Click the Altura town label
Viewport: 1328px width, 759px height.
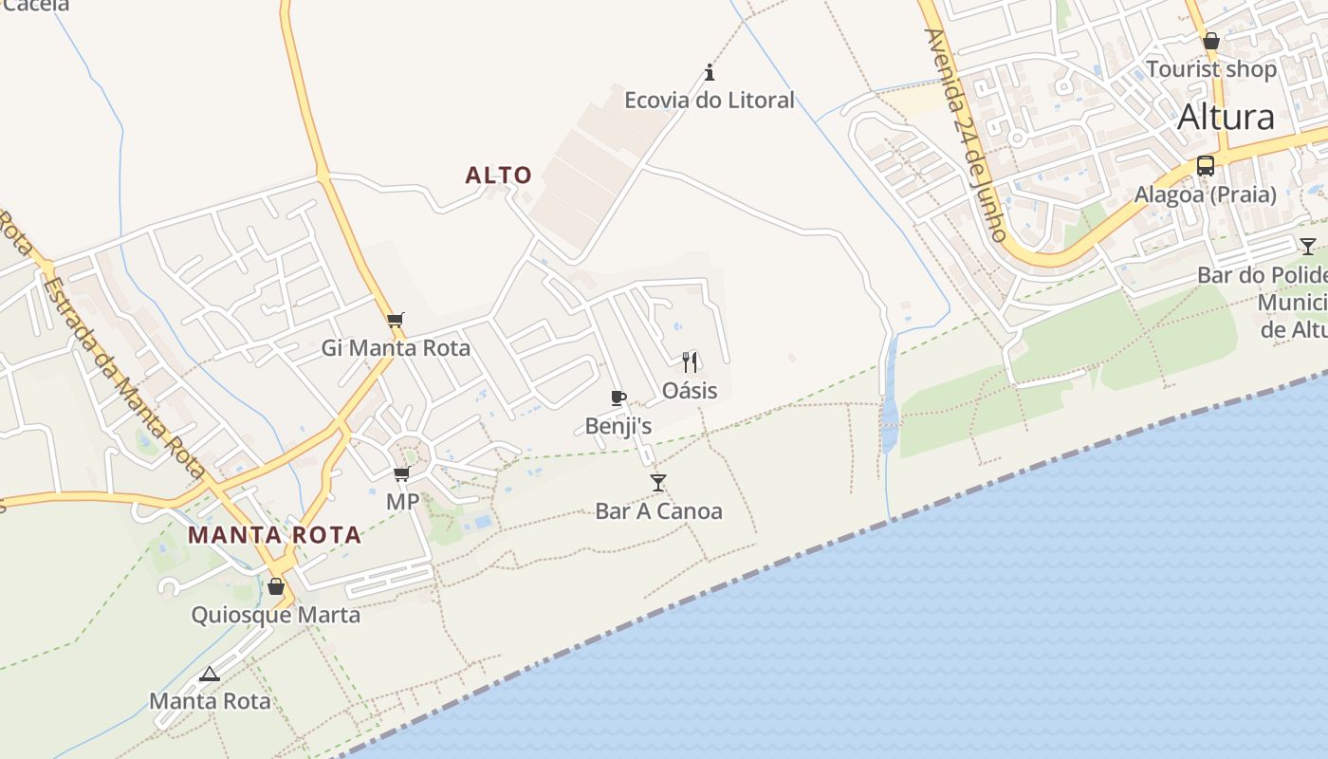pos(1226,118)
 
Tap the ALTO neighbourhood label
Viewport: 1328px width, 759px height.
pos(498,176)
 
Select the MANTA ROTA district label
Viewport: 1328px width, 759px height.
pos(274,535)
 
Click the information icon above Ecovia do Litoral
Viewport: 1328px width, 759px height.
pos(710,72)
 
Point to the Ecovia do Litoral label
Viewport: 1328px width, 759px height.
pos(710,100)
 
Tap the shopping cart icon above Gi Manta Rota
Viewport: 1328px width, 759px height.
pos(396,321)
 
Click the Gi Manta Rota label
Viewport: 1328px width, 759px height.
pos(396,348)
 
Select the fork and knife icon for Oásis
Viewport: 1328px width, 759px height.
pos(690,361)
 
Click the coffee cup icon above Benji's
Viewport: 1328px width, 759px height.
pos(618,398)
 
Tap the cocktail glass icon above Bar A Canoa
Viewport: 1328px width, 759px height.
pos(658,483)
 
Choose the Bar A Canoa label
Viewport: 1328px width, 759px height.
pos(658,511)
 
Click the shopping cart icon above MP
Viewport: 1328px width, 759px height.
pos(402,473)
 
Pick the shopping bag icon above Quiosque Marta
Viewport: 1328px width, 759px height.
pos(276,586)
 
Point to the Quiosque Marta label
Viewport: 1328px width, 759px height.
pos(276,615)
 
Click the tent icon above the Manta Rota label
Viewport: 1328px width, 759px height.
pos(210,674)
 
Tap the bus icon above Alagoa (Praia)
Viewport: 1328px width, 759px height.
pos(1206,166)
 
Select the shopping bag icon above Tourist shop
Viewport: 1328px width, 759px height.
pos(1211,41)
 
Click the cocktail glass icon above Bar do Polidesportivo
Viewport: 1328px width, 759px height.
pos(1308,247)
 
